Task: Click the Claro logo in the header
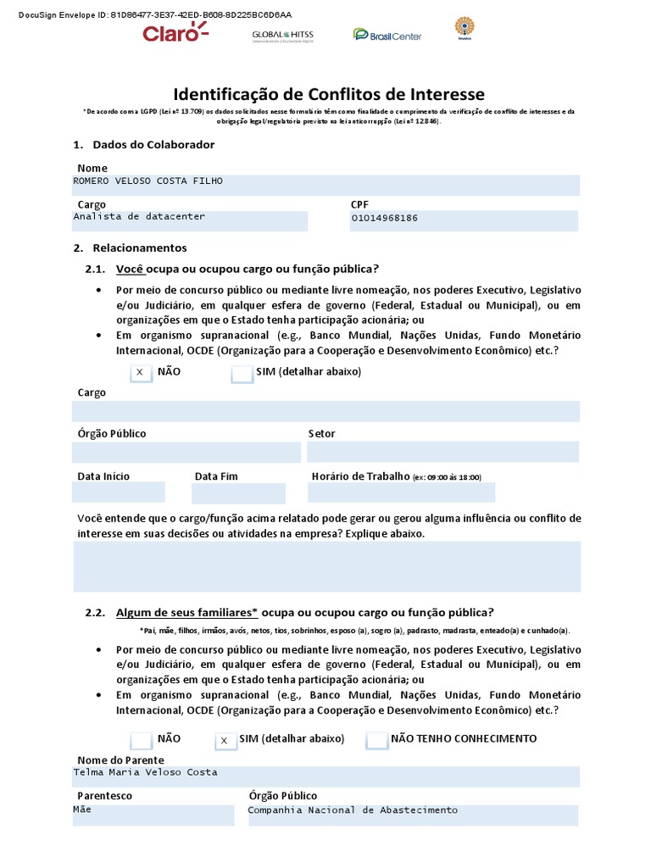click(175, 33)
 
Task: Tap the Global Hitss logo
click(281, 36)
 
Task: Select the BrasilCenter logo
click(387, 35)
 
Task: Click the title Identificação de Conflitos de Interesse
click(329, 94)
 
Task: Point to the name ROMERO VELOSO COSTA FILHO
click(148, 181)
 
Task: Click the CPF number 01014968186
click(384, 219)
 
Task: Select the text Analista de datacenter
click(139, 217)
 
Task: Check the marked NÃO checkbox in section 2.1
click(141, 373)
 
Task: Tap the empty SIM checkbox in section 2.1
click(242, 373)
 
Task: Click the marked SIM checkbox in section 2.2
click(225, 740)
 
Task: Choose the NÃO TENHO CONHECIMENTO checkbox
click(377, 740)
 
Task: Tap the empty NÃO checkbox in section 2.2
click(142, 740)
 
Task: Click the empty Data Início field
click(119, 492)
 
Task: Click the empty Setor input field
click(443, 452)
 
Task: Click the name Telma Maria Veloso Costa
click(145, 772)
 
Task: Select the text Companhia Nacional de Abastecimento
click(352, 810)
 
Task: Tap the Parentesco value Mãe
click(82, 810)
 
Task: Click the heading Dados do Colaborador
click(153, 145)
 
